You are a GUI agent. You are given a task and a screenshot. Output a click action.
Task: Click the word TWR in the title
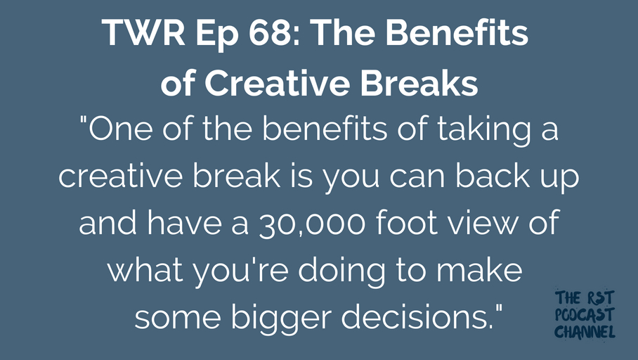coord(143,32)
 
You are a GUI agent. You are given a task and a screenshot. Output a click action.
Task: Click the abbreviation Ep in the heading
coord(217,36)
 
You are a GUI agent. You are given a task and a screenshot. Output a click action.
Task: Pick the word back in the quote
coord(493,175)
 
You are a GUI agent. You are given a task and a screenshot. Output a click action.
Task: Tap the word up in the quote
coord(559,179)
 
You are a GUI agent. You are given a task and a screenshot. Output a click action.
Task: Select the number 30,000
coord(312,224)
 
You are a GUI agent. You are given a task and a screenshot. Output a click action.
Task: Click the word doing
coord(341,272)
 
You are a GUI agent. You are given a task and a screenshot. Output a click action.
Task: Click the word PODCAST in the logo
coord(585,315)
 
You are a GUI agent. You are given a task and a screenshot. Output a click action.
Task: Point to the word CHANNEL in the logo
coord(585,331)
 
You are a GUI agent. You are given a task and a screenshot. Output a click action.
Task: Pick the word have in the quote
coord(184,222)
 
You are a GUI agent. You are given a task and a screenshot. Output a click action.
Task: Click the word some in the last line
coord(177,319)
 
